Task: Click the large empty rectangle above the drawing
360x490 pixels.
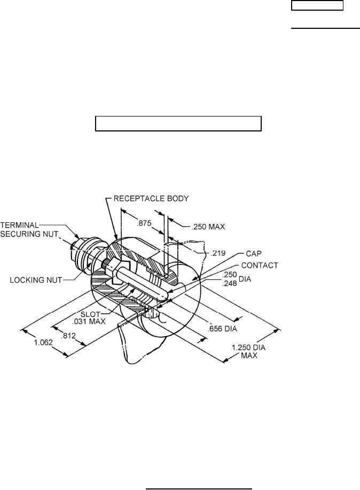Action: pos(178,123)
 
